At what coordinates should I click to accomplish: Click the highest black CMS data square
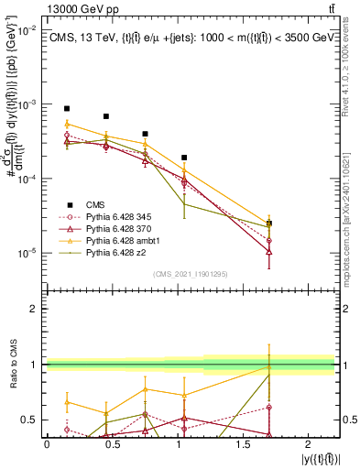(67, 108)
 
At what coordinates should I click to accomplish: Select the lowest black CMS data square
(269, 224)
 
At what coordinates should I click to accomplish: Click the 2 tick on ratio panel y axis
(37, 309)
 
